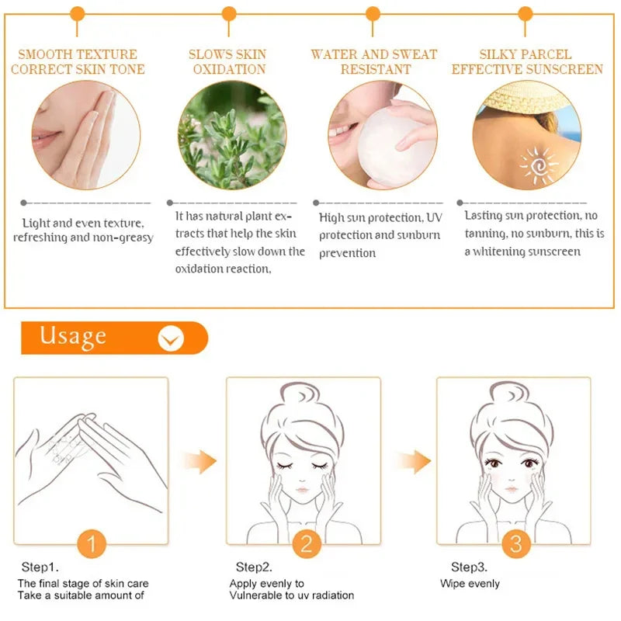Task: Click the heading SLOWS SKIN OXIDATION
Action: tap(228, 61)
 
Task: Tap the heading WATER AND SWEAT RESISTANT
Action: tap(374, 61)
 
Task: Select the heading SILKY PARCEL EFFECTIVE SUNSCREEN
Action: tap(526, 61)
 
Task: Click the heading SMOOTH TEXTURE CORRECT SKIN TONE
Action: tap(77, 61)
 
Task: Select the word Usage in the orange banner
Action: tap(73, 337)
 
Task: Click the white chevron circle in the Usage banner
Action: tap(171, 338)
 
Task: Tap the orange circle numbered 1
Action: tap(92, 544)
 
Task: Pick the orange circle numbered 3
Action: tap(516, 544)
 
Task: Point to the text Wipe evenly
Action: tap(470, 584)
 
